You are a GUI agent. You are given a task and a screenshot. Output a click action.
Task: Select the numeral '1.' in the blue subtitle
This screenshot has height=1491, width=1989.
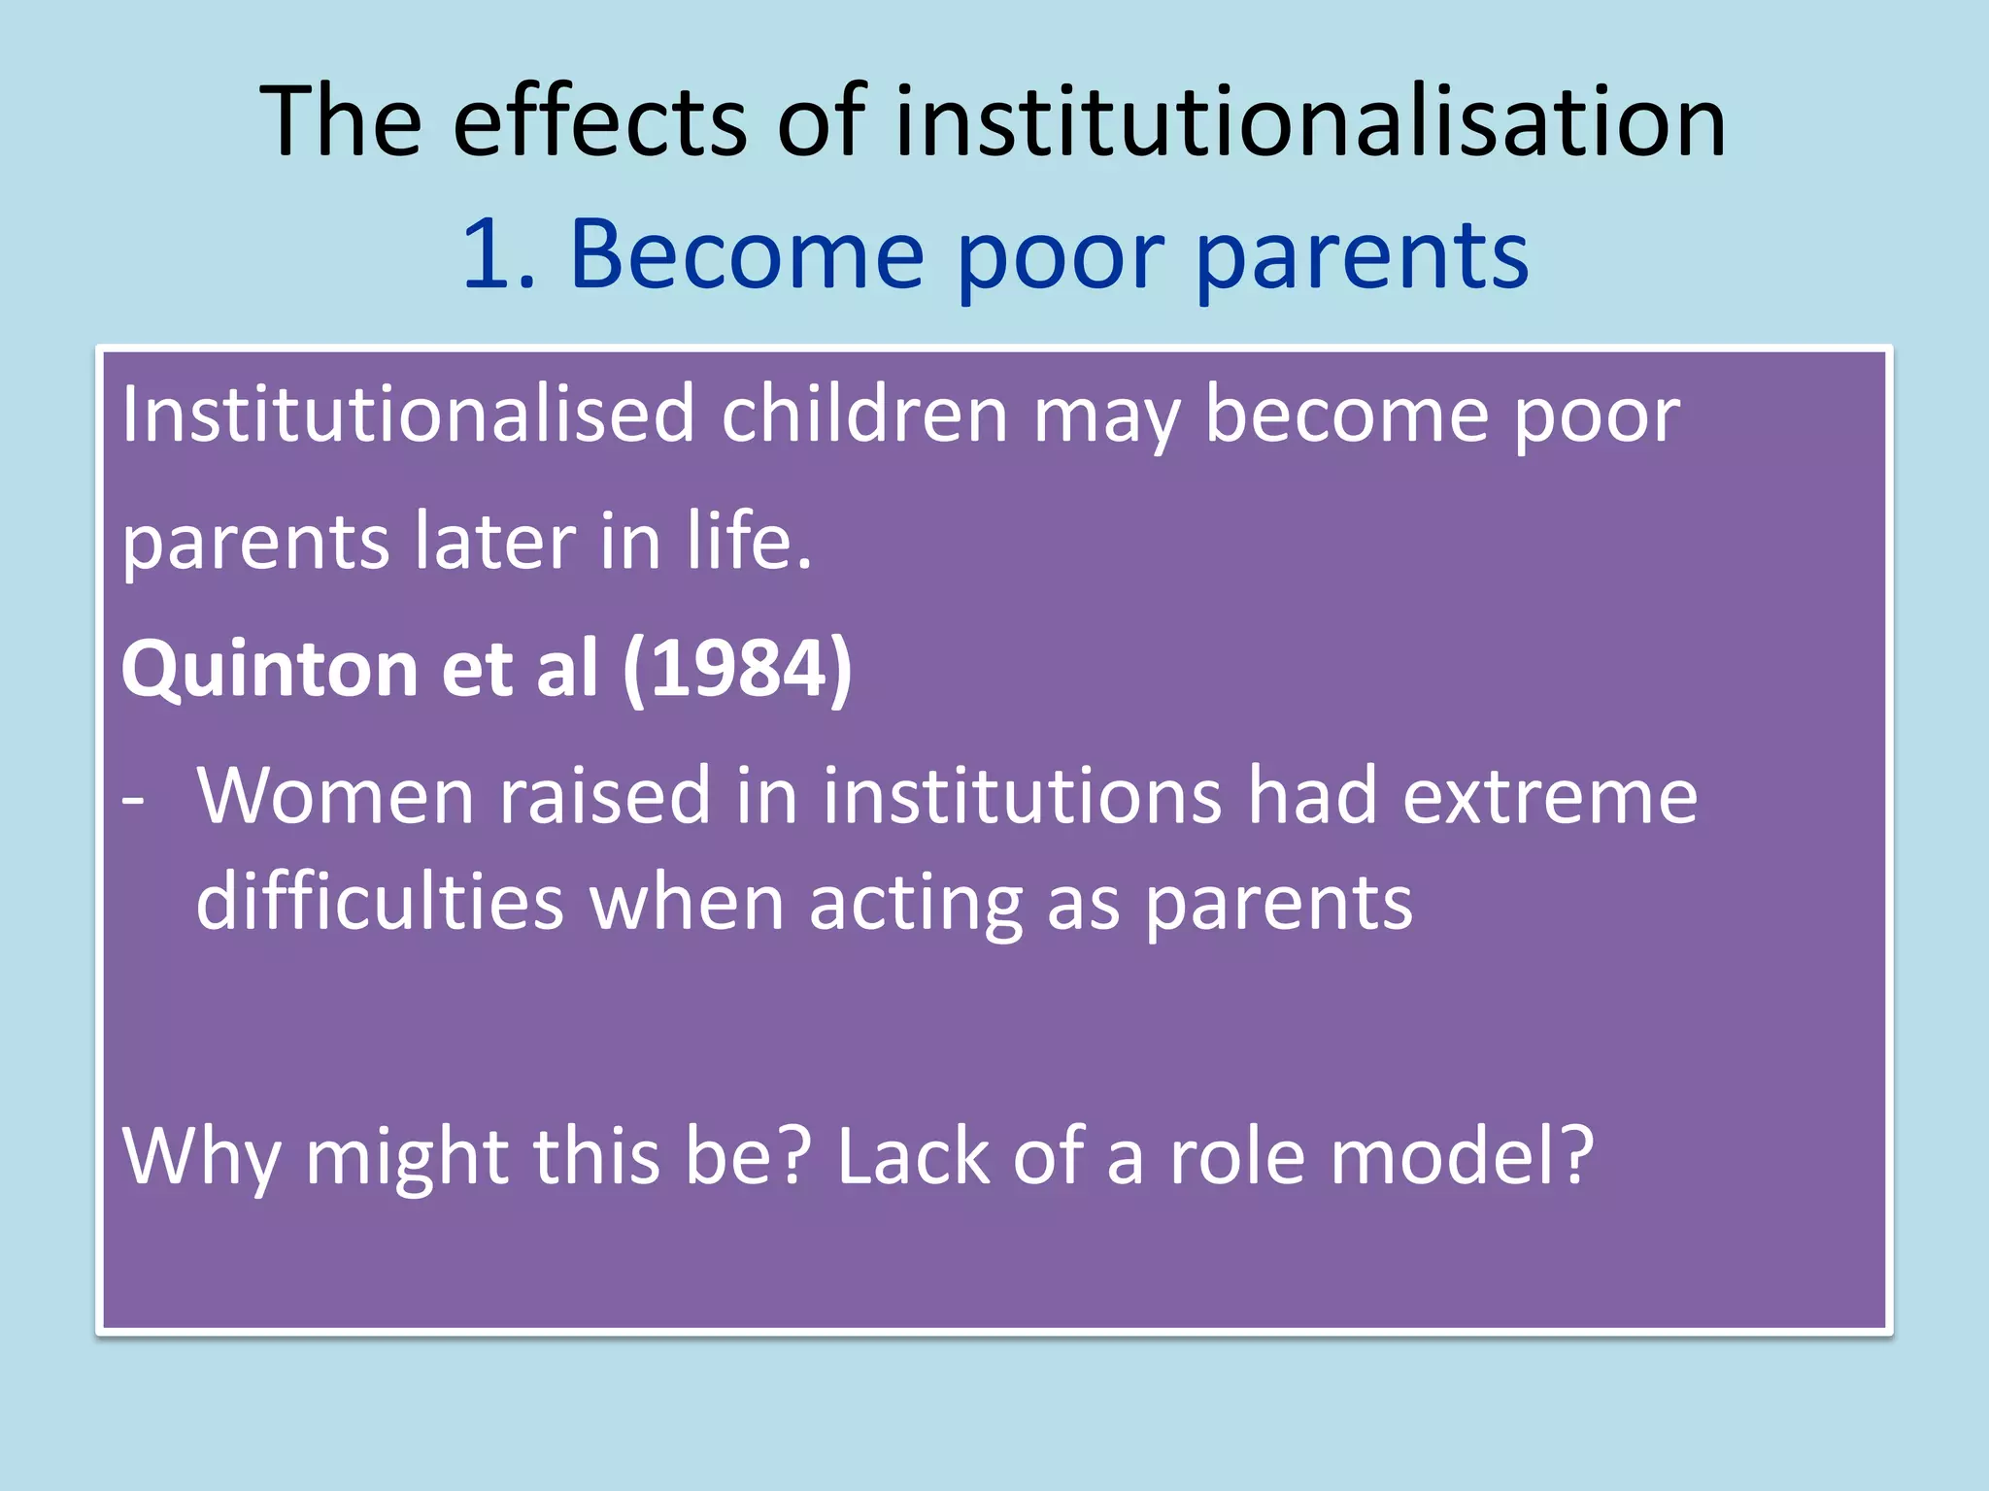[498, 255]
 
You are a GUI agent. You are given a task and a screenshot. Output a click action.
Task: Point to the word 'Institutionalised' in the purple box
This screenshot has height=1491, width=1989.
[408, 415]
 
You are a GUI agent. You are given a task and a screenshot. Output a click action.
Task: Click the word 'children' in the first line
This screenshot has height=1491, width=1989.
[864, 415]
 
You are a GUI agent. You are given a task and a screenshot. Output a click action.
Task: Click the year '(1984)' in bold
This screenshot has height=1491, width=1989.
[736, 670]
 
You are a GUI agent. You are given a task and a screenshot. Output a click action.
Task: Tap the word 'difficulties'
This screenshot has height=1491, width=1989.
[380, 903]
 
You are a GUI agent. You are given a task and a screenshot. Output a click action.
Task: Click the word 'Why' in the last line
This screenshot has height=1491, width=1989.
[200, 1157]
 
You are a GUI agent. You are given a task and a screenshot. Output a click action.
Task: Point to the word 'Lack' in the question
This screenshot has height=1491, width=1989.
[912, 1157]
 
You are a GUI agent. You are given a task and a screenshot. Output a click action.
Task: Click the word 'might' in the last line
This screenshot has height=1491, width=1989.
[406, 1157]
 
